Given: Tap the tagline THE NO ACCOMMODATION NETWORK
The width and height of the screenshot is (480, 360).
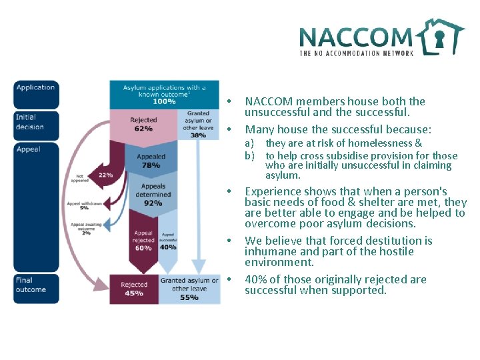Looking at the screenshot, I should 357,53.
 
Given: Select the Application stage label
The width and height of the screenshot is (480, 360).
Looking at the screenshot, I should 35,87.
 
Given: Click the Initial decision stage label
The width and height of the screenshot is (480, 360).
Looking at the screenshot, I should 30,122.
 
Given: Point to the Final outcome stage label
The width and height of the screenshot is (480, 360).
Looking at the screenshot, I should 31,285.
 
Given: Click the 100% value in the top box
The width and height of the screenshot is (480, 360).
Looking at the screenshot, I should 165,101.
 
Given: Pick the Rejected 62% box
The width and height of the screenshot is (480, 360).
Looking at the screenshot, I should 143,125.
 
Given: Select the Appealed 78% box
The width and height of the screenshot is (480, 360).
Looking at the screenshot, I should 151,161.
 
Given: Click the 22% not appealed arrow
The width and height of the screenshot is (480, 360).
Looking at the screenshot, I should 105,174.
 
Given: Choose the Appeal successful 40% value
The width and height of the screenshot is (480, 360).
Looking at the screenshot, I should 169,247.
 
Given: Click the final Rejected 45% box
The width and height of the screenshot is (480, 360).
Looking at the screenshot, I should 134,289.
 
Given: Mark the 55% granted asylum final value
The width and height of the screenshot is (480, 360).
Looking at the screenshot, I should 189,297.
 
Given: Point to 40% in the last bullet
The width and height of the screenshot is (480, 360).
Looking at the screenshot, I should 257,279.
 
